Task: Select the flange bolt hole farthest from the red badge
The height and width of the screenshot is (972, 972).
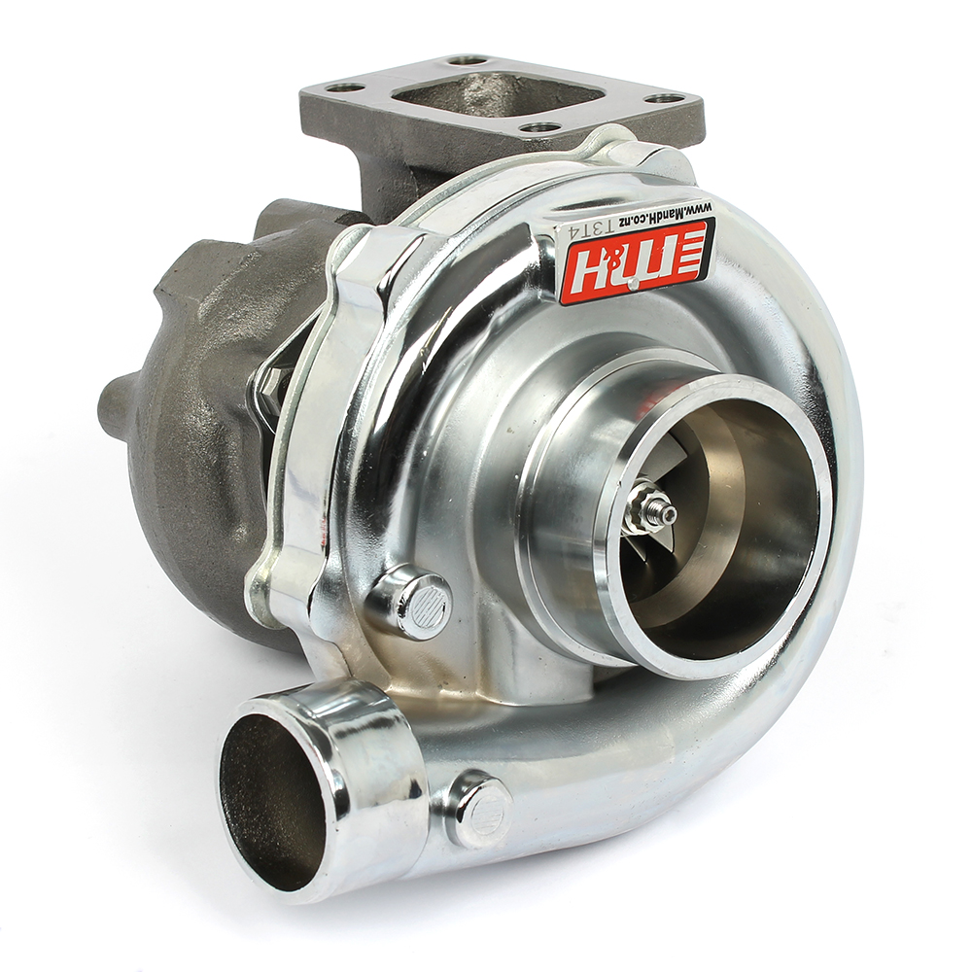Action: coord(345,87)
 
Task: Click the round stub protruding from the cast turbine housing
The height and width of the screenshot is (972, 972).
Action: coord(117,399)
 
